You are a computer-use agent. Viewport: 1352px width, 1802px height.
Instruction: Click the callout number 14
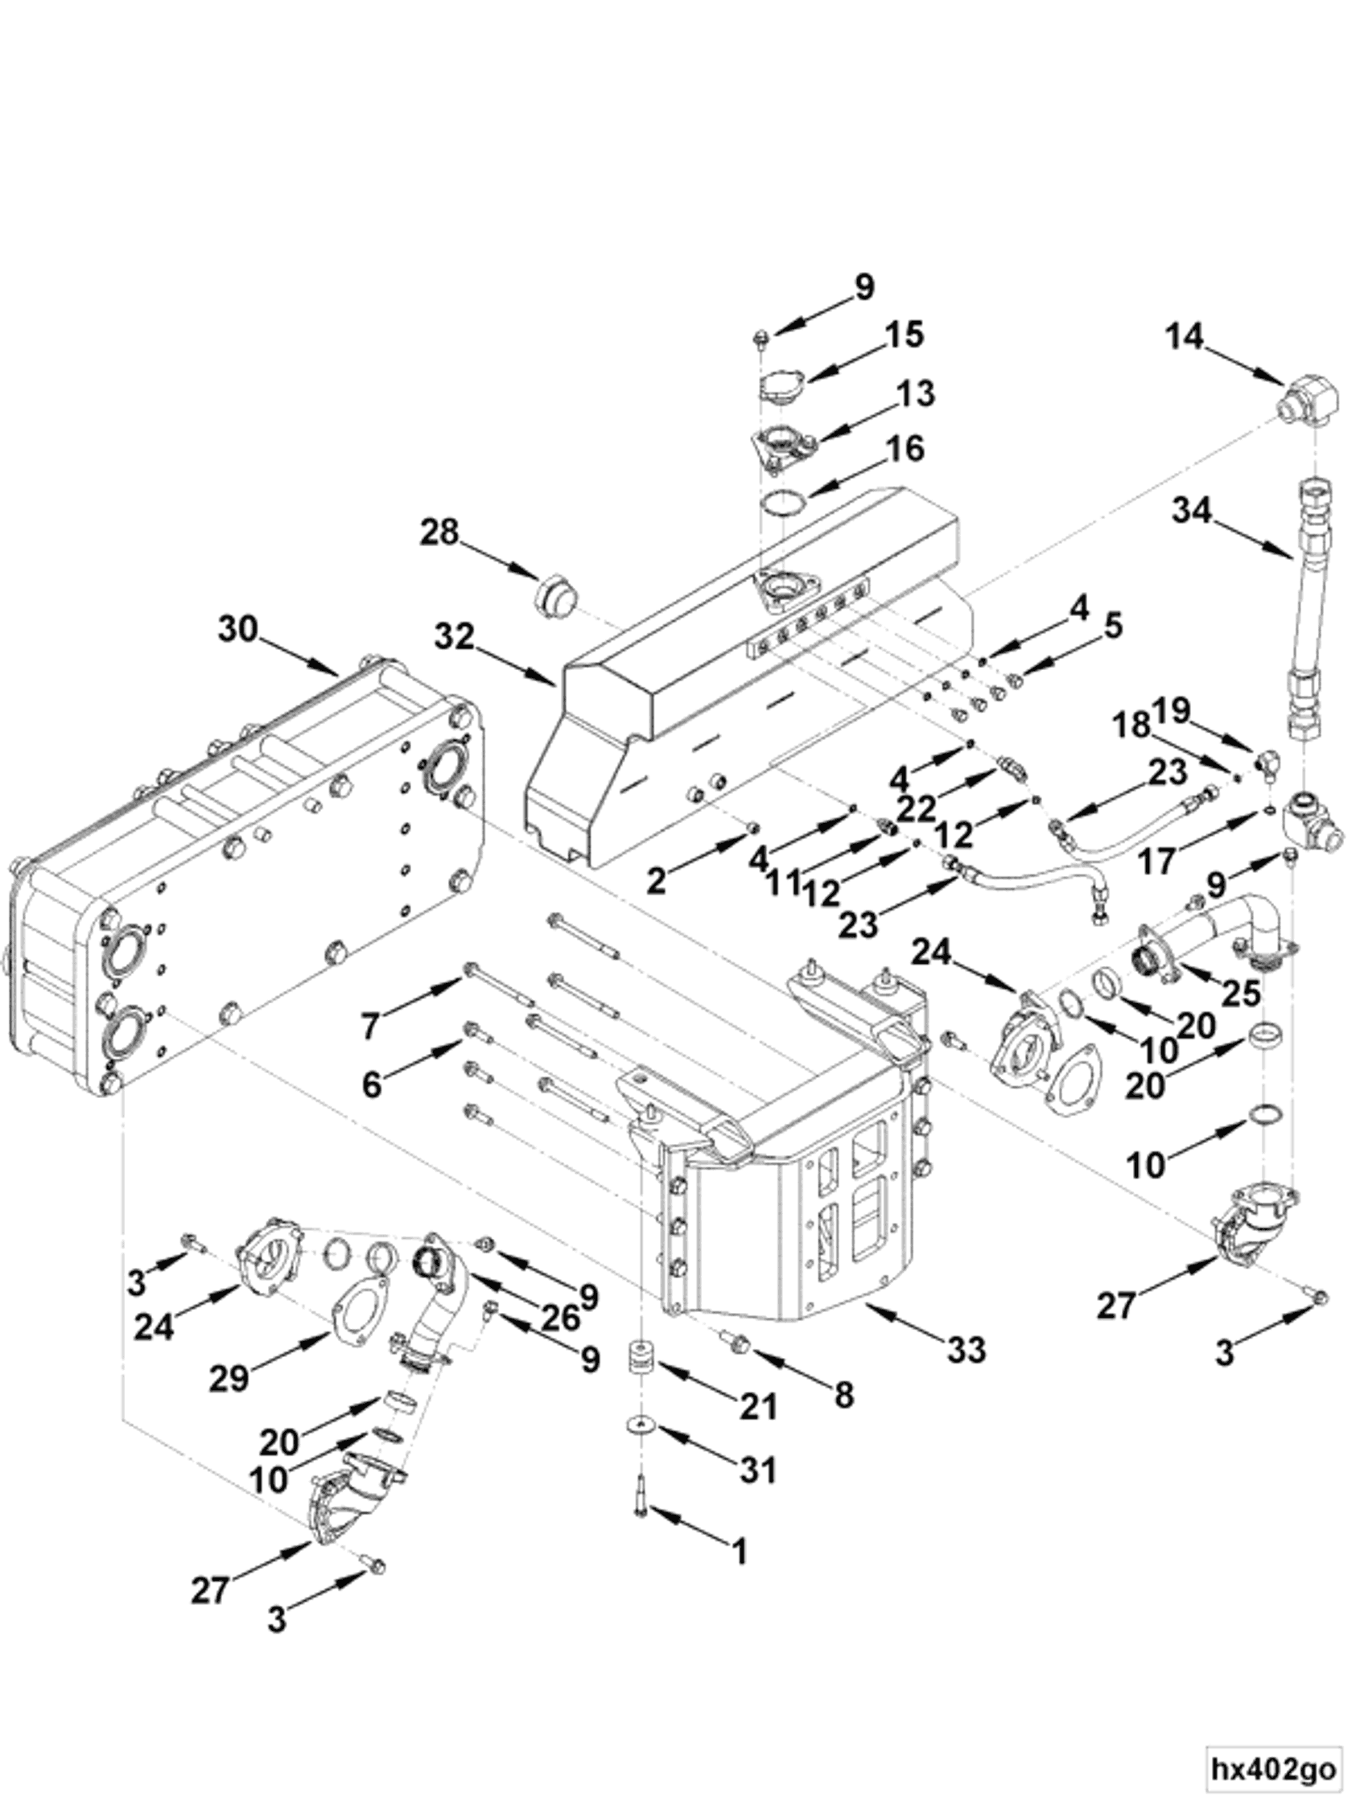coord(1183,335)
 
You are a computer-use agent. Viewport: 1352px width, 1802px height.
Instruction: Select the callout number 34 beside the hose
coord(1193,511)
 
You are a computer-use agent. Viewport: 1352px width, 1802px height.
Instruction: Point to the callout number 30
coord(238,630)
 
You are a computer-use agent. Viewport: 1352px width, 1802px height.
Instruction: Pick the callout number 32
coord(454,636)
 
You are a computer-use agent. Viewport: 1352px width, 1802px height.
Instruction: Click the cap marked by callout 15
coord(781,383)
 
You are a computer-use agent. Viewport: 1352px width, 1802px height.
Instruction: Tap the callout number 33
coord(967,1350)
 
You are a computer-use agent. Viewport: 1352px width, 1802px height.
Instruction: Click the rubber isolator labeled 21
coord(644,1358)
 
